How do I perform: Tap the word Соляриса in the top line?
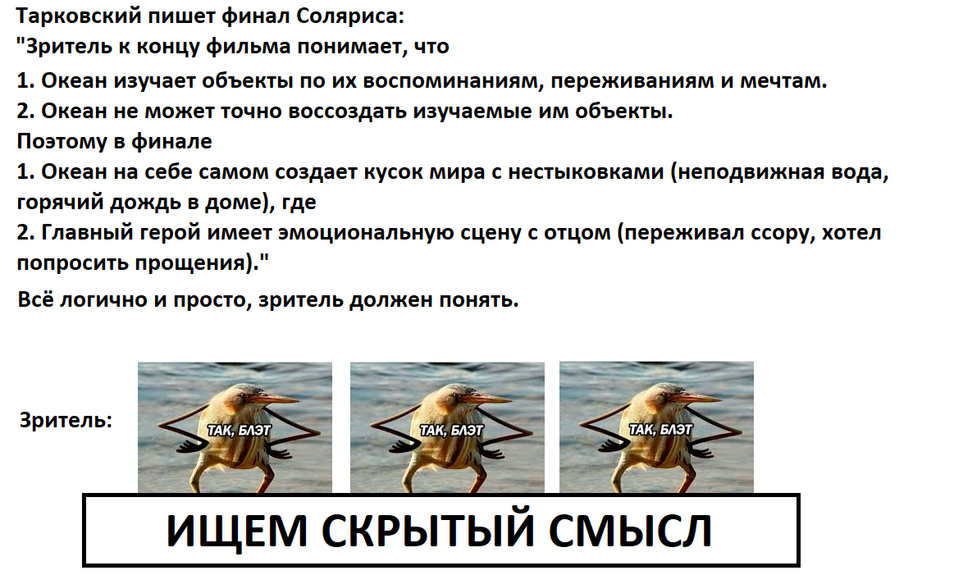coord(350,16)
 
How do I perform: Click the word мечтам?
coord(783,81)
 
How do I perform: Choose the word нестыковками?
coord(586,173)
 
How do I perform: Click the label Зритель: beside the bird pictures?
coord(66,421)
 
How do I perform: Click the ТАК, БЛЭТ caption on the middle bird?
coord(451,431)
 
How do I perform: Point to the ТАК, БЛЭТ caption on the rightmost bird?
coord(660,430)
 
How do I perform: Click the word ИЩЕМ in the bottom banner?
coord(236,532)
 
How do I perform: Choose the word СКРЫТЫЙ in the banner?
coord(427,530)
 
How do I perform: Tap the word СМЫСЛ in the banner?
coord(630,532)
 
